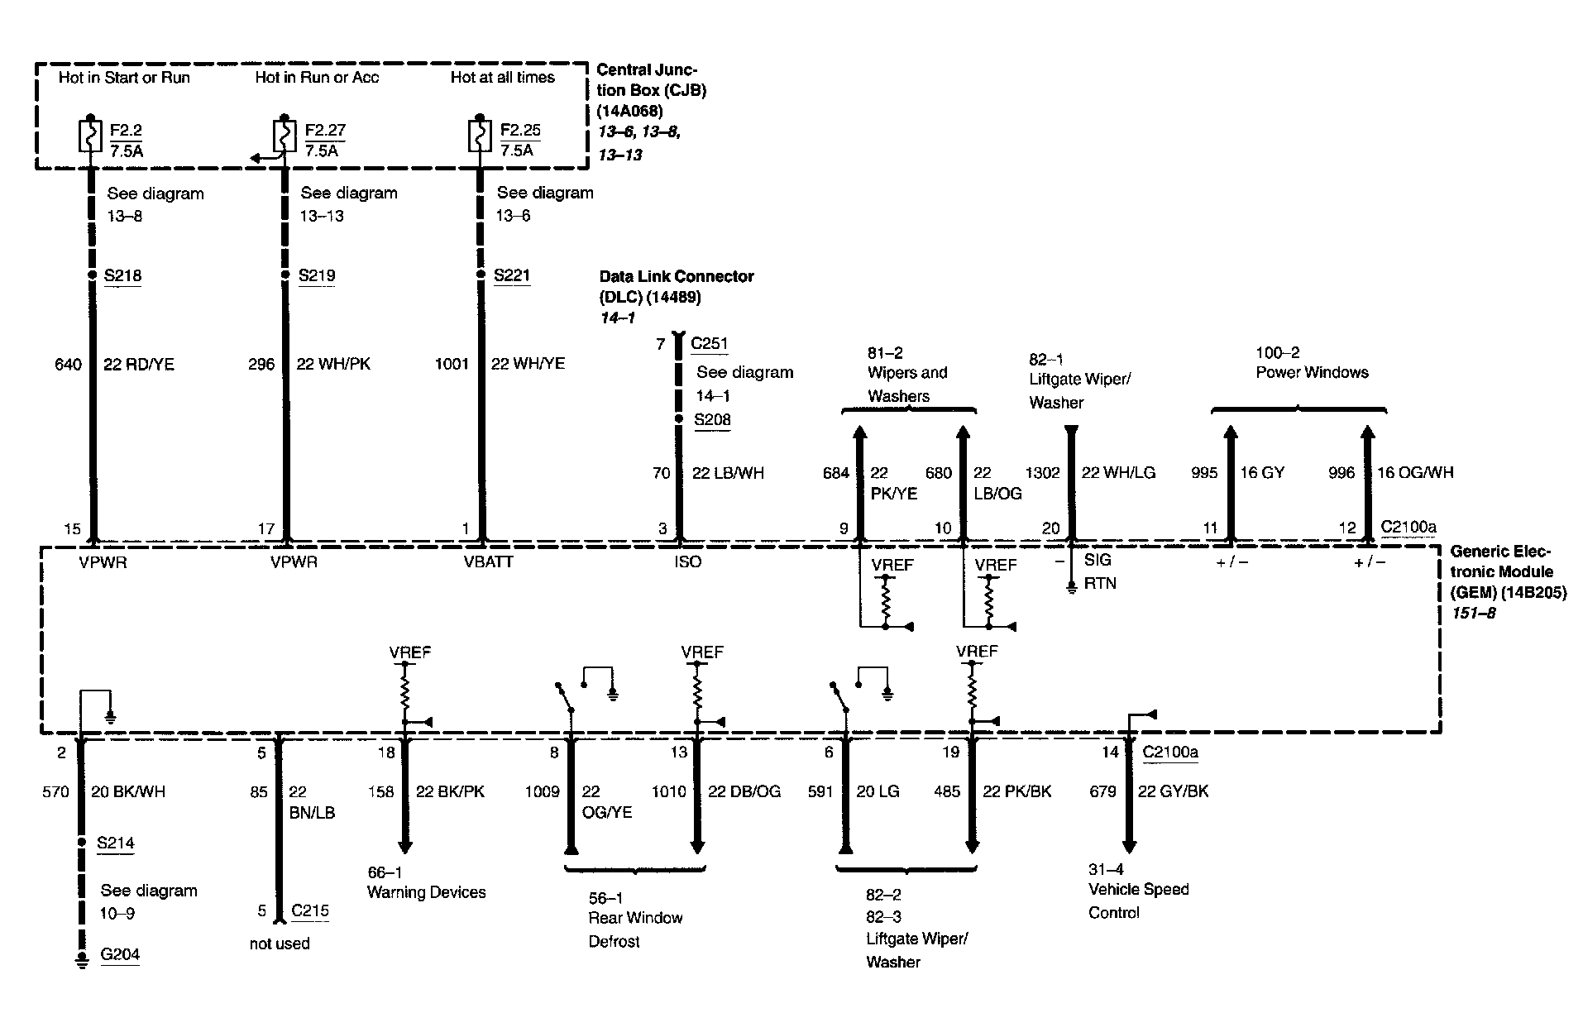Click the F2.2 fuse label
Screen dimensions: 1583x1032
tap(127, 130)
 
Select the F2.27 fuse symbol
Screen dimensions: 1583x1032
tap(284, 136)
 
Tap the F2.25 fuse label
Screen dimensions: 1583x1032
tap(520, 130)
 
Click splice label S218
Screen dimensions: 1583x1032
tap(122, 275)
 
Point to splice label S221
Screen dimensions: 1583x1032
tap(511, 275)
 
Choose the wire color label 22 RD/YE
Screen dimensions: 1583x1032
tap(139, 364)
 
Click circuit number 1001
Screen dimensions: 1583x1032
tap(452, 364)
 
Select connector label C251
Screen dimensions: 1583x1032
tap(710, 343)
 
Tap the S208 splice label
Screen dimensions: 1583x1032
tap(712, 419)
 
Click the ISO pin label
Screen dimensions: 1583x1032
tap(687, 561)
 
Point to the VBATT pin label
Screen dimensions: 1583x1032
tap(488, 561)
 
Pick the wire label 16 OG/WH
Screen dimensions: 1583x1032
tap(1415, 472)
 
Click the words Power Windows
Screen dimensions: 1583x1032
tap(1312, 372)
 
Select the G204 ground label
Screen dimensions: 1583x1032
tap(120, 954)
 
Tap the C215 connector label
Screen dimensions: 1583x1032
tap(310, 910)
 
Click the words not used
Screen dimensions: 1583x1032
tap(280, 944)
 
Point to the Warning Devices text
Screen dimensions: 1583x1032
tap(426, 892)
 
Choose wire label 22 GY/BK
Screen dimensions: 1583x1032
tap(1173, 791)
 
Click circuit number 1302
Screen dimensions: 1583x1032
tap(1042, 472)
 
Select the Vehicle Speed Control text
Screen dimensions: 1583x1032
tap(1138, 901)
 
